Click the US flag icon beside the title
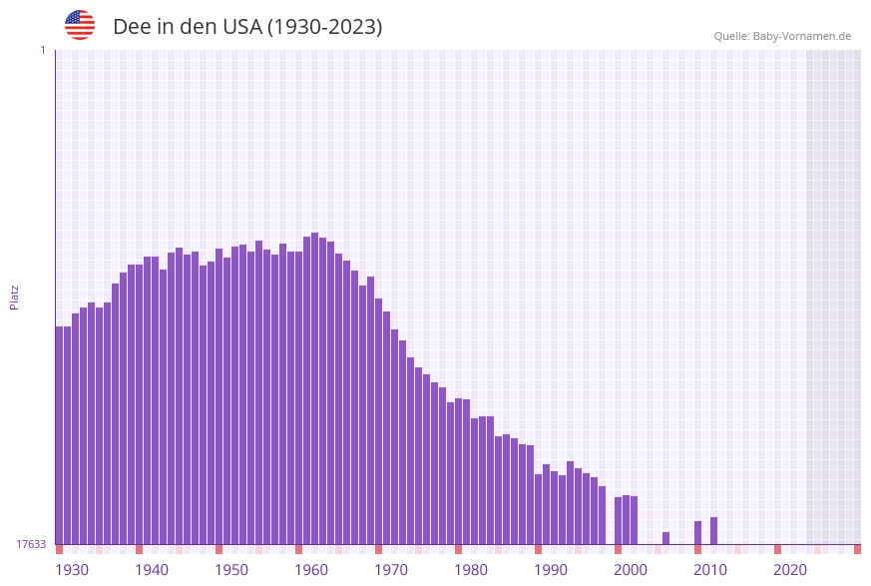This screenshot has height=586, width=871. [x=80, y=25]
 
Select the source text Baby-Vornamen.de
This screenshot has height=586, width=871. [x=801, y=36]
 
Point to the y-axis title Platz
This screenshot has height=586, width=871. [x=15, y=296]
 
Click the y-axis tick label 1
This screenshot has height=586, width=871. [x=42, y=50]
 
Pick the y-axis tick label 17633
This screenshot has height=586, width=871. [x=31, y=544]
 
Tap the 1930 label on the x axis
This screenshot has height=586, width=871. [x=72, y=570]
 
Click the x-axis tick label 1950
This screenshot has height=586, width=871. [x=231, y=570]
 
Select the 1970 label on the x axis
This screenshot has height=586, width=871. [x=391, y=570]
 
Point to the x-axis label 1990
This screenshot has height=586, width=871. [x=551, y=570]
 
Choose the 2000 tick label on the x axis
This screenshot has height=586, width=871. [x=631, y=570]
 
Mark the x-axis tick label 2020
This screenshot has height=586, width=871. [x=790, y=570]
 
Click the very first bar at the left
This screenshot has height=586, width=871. [x=60, y=434]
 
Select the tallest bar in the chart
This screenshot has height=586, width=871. [x=315, y=389]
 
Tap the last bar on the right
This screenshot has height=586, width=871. [x=713, y=530]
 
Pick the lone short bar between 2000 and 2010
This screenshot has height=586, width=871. [x=665, y=538]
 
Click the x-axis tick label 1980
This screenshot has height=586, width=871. [x=471, y=570]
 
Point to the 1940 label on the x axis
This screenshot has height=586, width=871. [x=152, y=570]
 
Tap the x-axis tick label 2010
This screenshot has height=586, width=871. [x=710, y=570]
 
